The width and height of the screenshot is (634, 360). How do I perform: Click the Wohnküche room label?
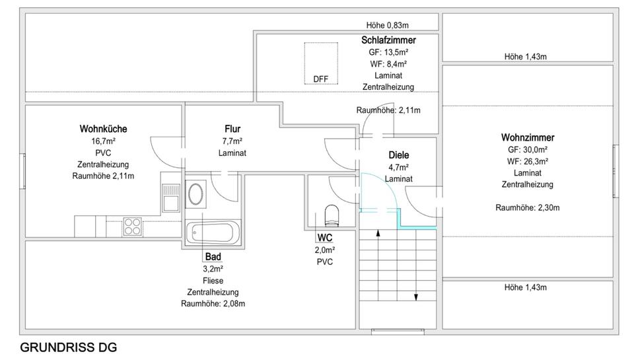(103, 129)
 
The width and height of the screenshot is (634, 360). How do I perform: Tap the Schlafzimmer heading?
(388, 40)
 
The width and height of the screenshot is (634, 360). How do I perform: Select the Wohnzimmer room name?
(527, 137)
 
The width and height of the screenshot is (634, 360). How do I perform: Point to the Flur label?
(232, 129)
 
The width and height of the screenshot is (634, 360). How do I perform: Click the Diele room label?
(398, 155)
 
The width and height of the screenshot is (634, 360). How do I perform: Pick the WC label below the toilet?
(324, 237)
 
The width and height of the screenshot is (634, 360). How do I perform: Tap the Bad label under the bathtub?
(213, 256)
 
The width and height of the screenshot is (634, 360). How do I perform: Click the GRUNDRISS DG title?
(63, 347)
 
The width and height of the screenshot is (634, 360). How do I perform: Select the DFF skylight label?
(320, 79)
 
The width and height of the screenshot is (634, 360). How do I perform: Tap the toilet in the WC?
(331, 215)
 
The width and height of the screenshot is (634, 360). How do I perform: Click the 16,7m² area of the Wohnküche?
(103, 141)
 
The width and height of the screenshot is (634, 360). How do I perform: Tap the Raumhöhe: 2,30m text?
(527, 207)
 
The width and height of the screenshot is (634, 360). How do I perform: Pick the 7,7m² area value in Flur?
(232, 141)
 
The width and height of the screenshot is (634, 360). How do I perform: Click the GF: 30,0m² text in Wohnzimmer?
(527, 149)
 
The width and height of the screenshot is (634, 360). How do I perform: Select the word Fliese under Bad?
(213, 280)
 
